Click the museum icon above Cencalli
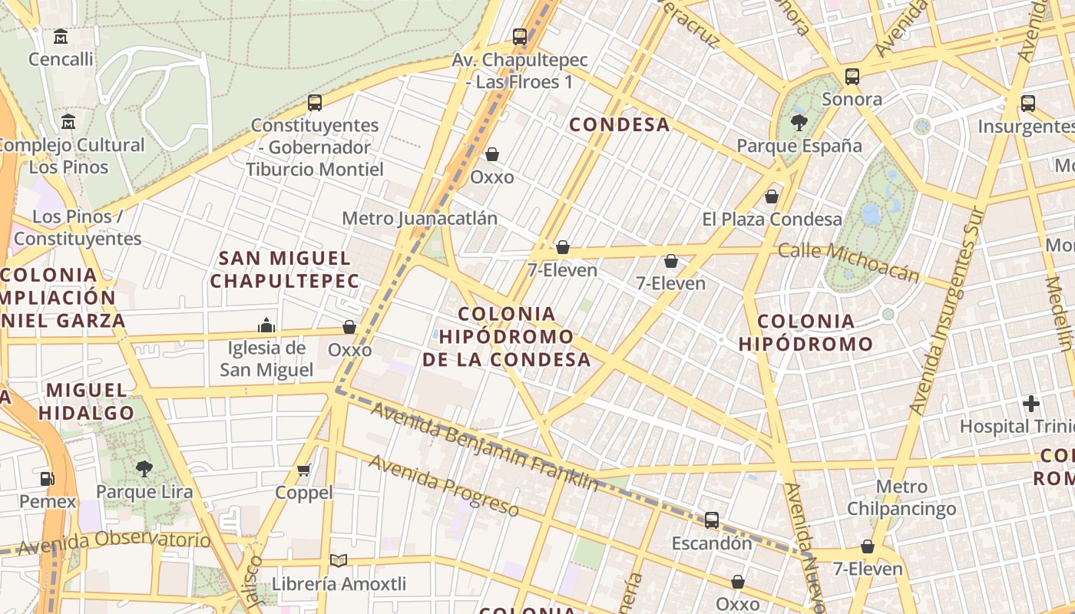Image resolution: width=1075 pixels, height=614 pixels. [61, 36]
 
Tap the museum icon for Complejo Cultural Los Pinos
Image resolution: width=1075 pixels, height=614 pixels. [68, 122]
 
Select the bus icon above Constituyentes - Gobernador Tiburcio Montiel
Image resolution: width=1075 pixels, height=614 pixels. [314, 102]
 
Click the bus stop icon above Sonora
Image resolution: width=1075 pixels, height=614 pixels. [852, 76]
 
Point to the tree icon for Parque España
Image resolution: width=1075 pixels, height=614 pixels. [799, 123]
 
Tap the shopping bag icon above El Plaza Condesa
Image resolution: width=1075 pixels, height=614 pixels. [772, 196]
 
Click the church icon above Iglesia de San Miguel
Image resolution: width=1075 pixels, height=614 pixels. [266, 325]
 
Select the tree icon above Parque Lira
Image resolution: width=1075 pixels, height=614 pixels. [144, 468]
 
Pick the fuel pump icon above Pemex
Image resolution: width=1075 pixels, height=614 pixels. [48, 479]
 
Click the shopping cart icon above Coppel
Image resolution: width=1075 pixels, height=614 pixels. [304, 470]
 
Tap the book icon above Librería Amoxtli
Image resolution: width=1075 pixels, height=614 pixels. [338, 561]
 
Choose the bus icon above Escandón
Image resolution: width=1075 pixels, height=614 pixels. [712, 520]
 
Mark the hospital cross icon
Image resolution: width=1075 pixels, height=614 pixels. [1031, 403]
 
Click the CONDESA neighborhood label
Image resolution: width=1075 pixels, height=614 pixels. [620, 124]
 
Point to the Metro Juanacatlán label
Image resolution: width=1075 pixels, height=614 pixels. [419, 218]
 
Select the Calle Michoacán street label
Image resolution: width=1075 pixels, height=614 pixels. [848, 262]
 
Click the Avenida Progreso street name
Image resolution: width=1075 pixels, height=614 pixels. [444, 485]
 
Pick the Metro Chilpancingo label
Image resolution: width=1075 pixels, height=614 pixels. [901, 497]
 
